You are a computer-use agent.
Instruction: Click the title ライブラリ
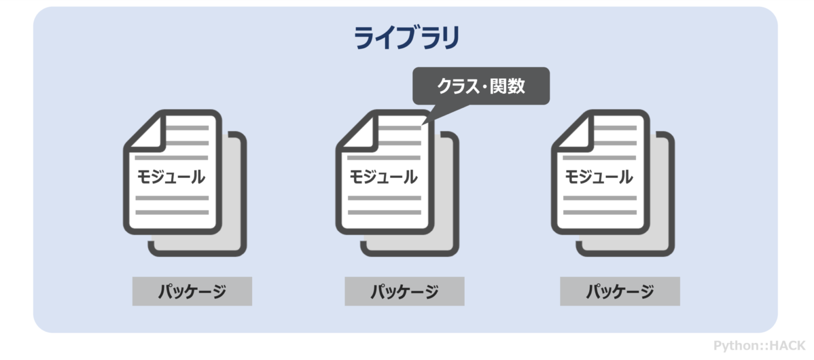pyautogui.click(x=406, y=39)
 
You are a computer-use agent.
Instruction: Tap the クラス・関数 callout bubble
pyautogui.click(x=481, y=86)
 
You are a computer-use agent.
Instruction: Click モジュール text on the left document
pyautogui.click(x=171, y=177)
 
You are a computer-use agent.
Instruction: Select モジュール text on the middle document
pyautogui.click(x=383, y=177)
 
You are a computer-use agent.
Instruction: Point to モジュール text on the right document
pyautogui.click(x=599, y=177)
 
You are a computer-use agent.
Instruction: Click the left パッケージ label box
pyautogui.click(x=192, y=291)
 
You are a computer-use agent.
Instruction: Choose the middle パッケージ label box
pyautogui.click(x=404, y=291)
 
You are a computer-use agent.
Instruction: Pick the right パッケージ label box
pyautogui.click(x=620, y=291)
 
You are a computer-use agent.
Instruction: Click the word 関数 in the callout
pyautogui.click(x=510, y=86)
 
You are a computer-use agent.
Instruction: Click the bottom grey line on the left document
pyautogui.click(x=172, y=212)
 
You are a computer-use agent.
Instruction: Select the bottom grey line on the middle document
pyautogui.click(x=384, y=212)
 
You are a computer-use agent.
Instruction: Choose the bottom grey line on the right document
pyautogui.click(x=599, y=212)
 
